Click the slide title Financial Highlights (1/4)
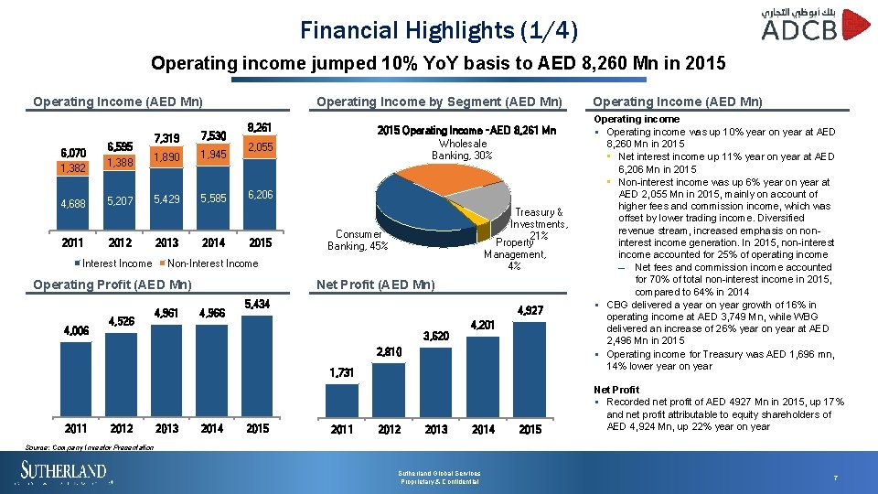[439, 30]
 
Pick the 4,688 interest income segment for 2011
[73, 203]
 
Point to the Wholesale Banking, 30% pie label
[462, 149]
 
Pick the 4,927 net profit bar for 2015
[530, 366]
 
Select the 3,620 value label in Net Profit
[435, 336]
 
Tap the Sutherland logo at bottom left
[64, 473]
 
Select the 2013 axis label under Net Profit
[436, 429]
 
